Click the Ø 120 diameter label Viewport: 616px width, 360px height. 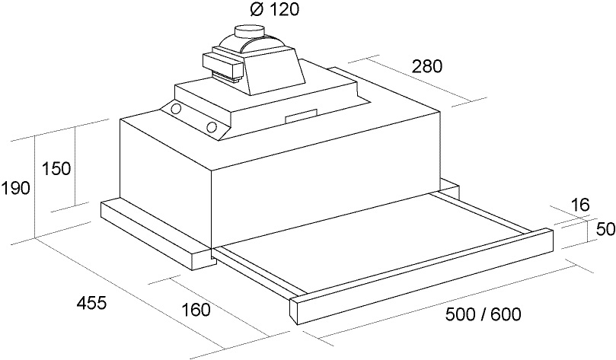pos(274,9)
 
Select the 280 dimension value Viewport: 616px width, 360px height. pos(427,66)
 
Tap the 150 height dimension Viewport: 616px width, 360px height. pos(56,168)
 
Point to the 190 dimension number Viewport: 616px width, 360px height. pos(15,189)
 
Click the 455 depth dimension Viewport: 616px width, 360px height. pos(91,303)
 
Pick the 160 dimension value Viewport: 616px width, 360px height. pos(196,310)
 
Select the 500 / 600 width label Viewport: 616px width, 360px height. pos(484,314)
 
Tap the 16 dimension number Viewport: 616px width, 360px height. pos(580,205)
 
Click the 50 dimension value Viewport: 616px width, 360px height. pos(605,229)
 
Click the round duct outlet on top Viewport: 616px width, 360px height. pos(249,31)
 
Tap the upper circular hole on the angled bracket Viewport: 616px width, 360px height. pos(176,107)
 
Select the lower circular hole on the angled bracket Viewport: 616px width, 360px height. pos(212,127)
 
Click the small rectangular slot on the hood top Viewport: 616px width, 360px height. pos(301,115)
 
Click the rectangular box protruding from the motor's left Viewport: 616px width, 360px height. pos(222,65)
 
